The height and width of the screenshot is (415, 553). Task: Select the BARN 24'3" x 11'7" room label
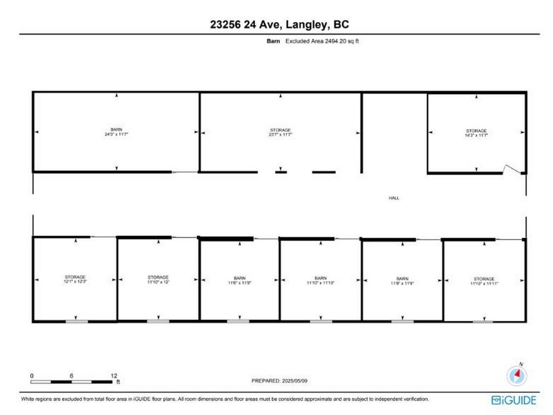pos(116,132)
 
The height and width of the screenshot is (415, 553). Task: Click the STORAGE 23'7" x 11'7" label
pos(280,132)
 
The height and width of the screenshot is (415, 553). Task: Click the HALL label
pos(394,198)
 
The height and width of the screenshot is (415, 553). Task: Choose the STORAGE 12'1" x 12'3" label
pos(75,279)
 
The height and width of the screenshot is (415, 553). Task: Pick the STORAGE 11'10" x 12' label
pos(158,279)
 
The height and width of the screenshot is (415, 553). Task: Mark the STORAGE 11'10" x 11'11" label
pos(484,281)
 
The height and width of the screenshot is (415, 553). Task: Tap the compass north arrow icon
pos(517,374)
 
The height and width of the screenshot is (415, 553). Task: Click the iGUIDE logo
pos(514,400)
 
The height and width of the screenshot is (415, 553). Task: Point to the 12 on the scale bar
pos(113,376)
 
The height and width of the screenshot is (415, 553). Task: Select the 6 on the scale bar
pos(72,376)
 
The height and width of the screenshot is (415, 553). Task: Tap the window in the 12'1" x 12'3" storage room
pos(76,322)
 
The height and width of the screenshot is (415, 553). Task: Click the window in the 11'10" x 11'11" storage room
pos(483,322)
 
